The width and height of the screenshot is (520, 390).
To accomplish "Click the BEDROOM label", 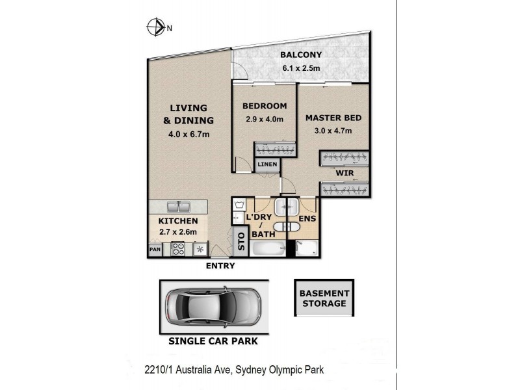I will point(265,106).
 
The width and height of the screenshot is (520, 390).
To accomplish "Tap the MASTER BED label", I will point(333,118).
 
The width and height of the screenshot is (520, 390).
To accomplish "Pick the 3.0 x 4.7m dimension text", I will point(333,131).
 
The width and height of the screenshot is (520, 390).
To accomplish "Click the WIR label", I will point(344,174).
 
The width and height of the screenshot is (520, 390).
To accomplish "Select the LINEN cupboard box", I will point(266,165).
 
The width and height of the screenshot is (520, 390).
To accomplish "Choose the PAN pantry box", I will point(155,249).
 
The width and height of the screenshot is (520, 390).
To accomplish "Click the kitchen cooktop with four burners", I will point(179,248).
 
